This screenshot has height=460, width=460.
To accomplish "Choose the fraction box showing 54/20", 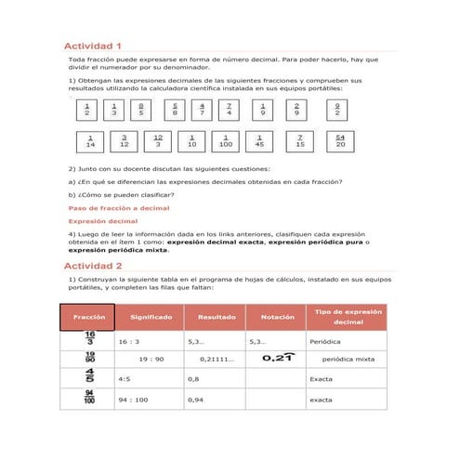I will click(340, 142).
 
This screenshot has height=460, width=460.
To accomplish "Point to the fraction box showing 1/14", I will click(90, 143).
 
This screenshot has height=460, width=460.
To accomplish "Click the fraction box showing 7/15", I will click(299, 143).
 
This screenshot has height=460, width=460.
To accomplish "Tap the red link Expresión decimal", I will click(103, 221).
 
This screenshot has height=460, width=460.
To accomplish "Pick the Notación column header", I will click(277, 317).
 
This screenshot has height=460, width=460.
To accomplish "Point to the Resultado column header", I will click(216, 317).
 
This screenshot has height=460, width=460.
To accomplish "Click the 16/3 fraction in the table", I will click(89, 340).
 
